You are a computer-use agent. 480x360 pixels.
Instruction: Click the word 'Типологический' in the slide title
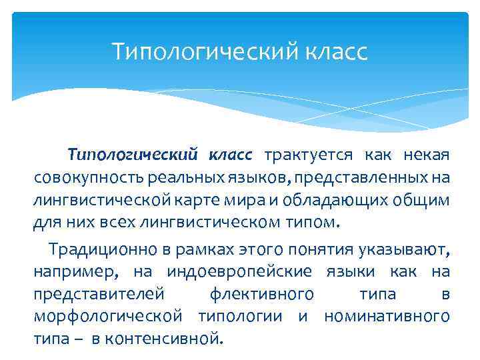tap(195, 51)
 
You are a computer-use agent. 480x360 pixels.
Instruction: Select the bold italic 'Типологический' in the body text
tap(133, 156)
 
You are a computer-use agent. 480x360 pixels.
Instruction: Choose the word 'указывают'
tap(406, 250)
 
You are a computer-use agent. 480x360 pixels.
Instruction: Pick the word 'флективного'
tap(262, 294)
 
